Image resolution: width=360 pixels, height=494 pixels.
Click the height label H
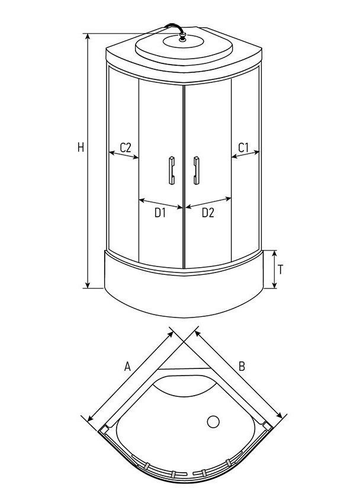point(81,147)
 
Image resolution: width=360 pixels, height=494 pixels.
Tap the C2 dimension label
point(126,147)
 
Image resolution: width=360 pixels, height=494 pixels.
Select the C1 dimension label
point(243,147)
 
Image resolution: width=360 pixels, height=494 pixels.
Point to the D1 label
point(160,213)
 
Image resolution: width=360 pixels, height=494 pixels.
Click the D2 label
point(208,213)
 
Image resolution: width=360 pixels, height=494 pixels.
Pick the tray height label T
point(281,270)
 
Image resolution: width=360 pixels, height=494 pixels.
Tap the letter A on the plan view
point(127,367)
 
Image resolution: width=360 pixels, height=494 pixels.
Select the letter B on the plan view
point(242,367)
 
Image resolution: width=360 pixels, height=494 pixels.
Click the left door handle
point(172,170)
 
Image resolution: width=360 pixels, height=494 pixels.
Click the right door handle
point(196,170)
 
